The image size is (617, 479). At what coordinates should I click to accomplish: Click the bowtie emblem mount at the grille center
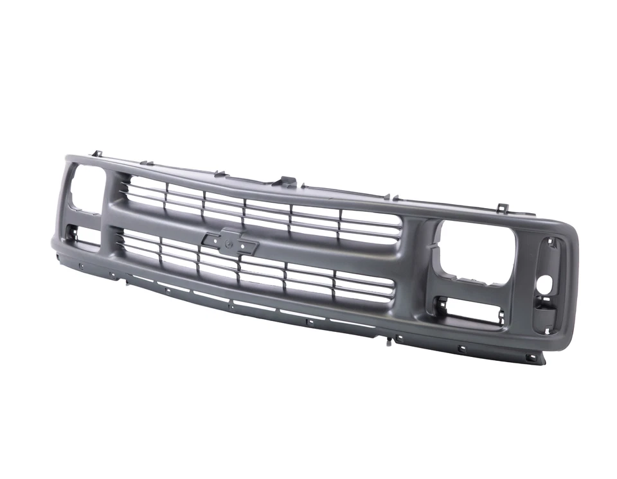pyautogui.click(x=230, y=241)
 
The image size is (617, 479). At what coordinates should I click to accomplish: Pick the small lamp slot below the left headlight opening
pyautogui.click(x=84, y=235)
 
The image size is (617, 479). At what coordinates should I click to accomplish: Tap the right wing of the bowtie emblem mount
pyautogui.click(x=249, y=246)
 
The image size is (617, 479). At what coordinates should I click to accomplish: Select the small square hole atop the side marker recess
pyautogui.click(x=550, y=243)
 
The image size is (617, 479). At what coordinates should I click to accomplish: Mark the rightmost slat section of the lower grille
pyautogui.click(x=363, y=286)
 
